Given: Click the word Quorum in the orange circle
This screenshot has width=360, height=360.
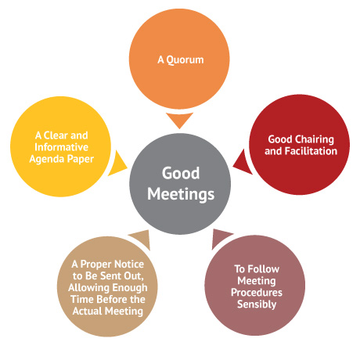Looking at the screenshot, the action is [185, 60].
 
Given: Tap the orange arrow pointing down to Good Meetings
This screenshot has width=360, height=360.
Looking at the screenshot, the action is [179, 120].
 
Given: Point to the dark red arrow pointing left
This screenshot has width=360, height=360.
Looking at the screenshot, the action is [243, 163].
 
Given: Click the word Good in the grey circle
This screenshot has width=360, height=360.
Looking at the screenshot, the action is [181, 173].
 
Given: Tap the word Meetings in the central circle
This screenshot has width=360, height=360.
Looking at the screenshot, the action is [181, 195].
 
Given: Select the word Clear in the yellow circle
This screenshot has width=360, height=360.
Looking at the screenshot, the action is [56, 135].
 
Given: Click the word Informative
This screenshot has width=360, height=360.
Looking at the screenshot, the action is [62, 147].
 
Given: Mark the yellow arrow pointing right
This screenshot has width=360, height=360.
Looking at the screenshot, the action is [117, 164].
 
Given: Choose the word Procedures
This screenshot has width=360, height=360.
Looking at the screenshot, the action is [257, 293].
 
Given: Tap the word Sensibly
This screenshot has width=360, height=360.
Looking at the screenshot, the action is [257, 304].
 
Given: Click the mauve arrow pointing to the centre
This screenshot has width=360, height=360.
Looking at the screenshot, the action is [221, 238].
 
